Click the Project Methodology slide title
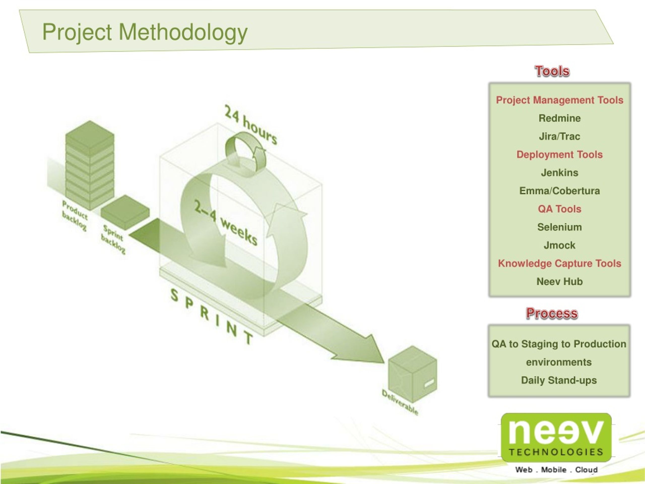click(145, 32)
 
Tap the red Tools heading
click(552, 71)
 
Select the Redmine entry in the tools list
click(559, 118)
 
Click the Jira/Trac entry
click(559, 136)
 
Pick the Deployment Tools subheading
click(559, 154)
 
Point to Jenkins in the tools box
click(559, 172)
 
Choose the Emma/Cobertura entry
click(559, 191)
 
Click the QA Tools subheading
click(559, 209)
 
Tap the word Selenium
click(559, 227)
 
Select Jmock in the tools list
click(559, 245)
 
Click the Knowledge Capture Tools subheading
click(559, 263)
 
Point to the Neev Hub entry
click(559, 282)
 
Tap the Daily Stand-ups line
click(559, 380)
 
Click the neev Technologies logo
click(556, 438)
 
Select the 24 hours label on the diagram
click(251, 125)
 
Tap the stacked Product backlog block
click(89, 165)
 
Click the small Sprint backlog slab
click(125, 212)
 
